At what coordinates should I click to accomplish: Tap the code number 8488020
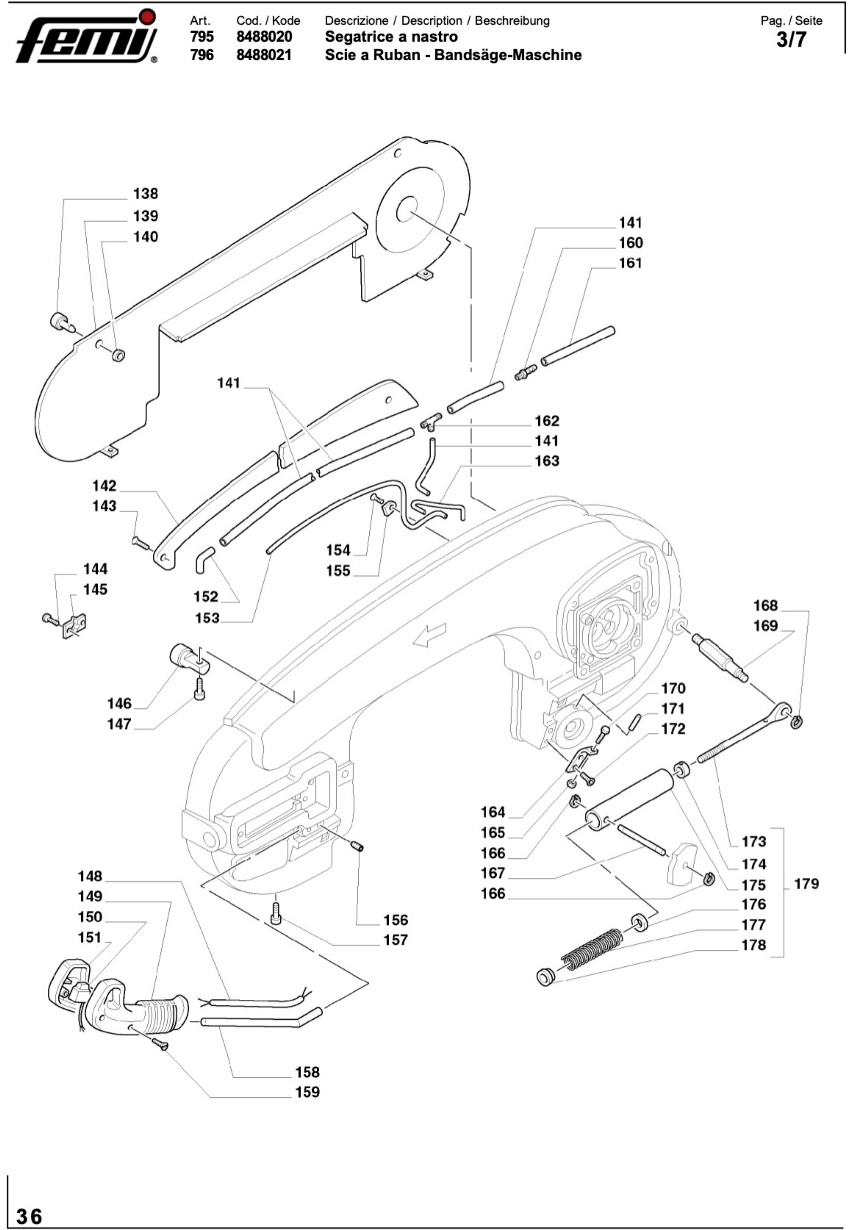coord(264,37)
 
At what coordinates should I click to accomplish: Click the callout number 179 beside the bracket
coord(807,884)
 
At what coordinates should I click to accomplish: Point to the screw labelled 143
coord(141,543)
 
